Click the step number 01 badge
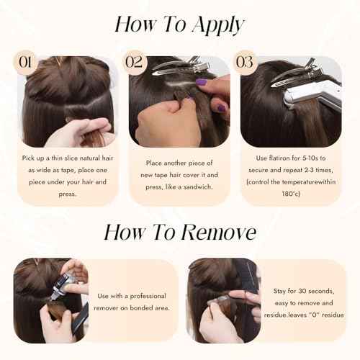coord(25,63)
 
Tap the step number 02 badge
coord(134,62)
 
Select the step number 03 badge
coord(245,62)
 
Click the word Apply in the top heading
coord(218,25)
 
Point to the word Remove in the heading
coord(218,233)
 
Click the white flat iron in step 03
coord(312,95)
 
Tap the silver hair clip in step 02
coord(180,66)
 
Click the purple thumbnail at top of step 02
coord(202,82)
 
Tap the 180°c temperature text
coord(291,194)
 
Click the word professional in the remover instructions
coord(148,296)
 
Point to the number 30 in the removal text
coord(302,291)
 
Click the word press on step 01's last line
coord(67,194)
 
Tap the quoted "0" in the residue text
coord(314,315)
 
